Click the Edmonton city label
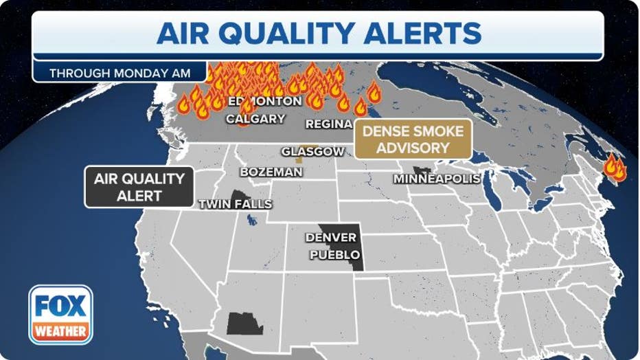pos(264,102)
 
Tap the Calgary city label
pos(255,119)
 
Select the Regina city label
pos(328,124)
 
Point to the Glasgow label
pos(312,151)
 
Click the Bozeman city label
pos(271,172)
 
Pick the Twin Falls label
pos(235,204)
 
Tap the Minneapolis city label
pos(436,179)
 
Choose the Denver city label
pos(331,238)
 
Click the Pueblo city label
pos(334,255)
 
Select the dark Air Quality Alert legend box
pos(139,187)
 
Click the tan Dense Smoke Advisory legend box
pos(413,139)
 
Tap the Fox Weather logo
pos(60,314)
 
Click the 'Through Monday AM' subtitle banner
pos(119,72)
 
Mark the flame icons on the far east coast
pos(614,168)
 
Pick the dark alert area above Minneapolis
pos(421,170)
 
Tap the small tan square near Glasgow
pos(299,159)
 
